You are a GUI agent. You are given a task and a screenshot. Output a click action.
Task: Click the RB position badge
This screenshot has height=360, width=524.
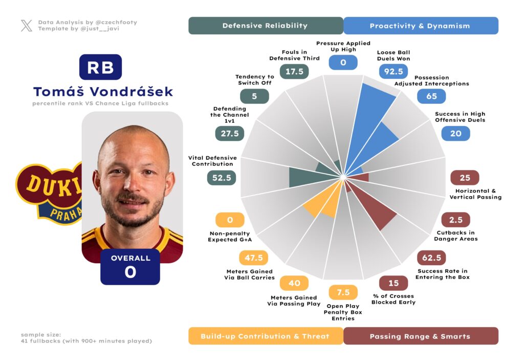click(x=100, y=67)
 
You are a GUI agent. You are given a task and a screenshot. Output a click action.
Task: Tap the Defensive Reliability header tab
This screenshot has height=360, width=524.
click(x=266, y=26)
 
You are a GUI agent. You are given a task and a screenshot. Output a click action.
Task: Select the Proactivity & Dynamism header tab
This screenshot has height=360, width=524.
click(x=420, y=26)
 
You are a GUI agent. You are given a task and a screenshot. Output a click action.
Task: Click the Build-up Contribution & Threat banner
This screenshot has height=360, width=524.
click(x=266, y=336)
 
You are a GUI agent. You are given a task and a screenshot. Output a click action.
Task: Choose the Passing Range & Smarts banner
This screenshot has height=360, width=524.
click(x=420, y=336)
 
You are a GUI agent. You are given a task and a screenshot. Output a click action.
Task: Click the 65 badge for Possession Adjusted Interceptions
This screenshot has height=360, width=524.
click(x=431, y=96)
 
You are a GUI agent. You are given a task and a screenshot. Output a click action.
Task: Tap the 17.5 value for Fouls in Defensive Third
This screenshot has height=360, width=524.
click(x=294, y=72)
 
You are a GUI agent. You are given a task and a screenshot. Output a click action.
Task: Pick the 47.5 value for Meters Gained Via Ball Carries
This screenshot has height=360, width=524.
click(x=254, y=258)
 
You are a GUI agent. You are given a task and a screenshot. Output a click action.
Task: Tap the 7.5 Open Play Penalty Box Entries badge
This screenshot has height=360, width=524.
click(x=343, y=292)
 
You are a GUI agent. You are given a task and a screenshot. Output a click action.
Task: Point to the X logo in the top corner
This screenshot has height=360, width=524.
click(x=27, y=26)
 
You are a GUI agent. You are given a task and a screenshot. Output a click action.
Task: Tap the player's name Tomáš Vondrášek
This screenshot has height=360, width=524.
click(x=103, y=92)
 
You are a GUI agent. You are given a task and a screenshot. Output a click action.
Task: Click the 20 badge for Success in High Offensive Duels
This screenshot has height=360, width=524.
click(x=455, y=134)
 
